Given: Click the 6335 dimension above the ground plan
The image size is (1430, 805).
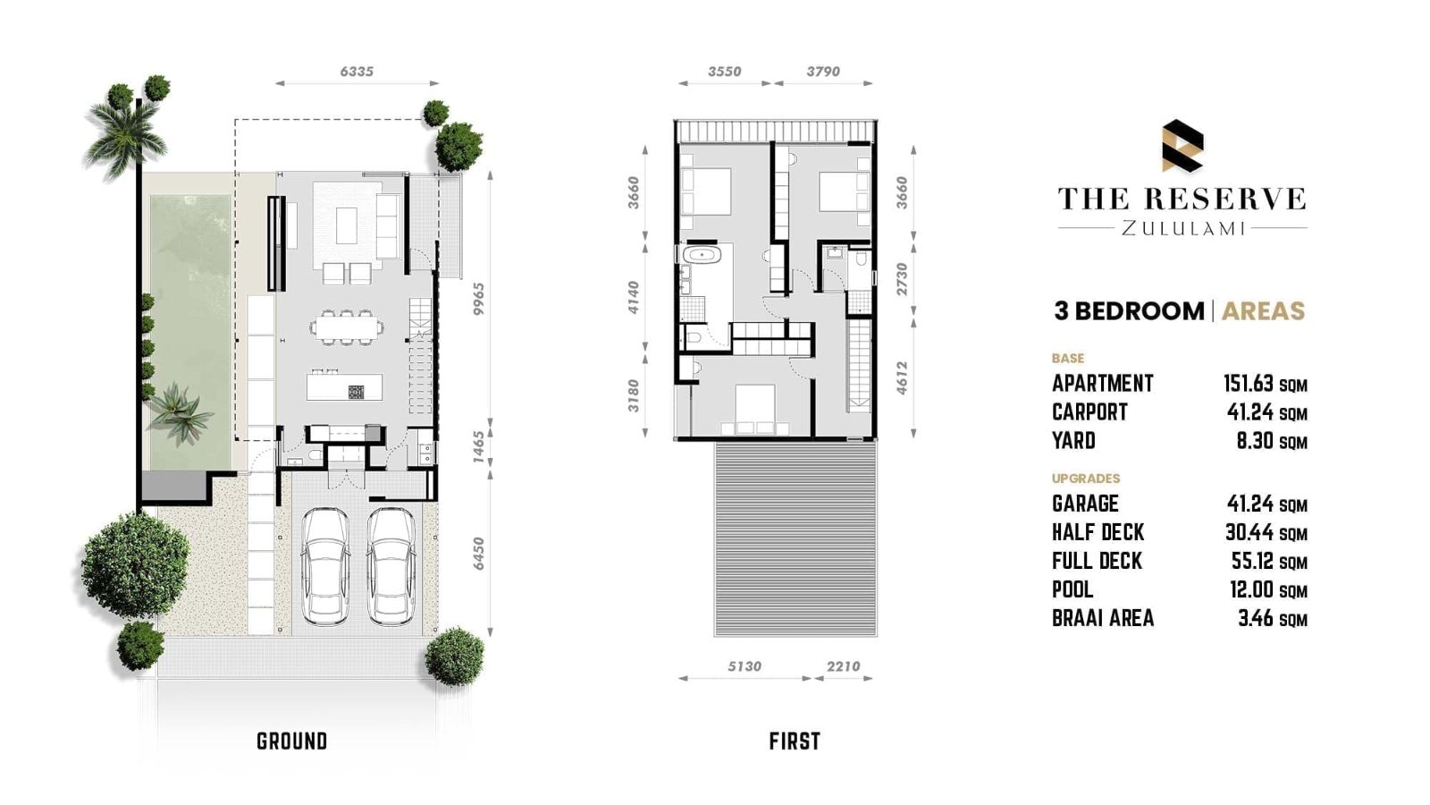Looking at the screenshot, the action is pyautogui.click(x=357, y=72).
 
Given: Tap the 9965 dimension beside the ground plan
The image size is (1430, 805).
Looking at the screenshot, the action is pyautogui.click(x=479, y=299).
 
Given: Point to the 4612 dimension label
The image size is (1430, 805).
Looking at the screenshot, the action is pyautogui.click(x=902, y=377).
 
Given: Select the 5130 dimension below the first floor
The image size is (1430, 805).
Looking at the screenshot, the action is pyautogui.click(x=744, y=666).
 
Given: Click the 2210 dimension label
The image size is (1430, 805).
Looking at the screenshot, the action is pyautogui.click(x=844, y=666).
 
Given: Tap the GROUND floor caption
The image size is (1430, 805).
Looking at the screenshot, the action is pyautogui.click(x=291, y=741).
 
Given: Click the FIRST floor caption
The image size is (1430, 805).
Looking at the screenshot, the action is pyautogui.click(x=795, y=741).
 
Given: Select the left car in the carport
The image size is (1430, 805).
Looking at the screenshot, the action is pyautogui.click(x=325, y=566).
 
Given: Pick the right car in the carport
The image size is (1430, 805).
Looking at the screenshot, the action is pyautogui.click(x=391, y=566).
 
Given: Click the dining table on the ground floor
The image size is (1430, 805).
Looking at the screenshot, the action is pyautogui.click(x=348, y=327).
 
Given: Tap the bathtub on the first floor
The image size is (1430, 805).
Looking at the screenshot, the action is pyautogui.click(x=702, y=255).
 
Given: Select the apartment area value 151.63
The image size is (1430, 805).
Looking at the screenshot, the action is pyautogui.click(x=1249, y=384).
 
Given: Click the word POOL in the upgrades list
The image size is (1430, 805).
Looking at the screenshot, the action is pyautogui.click(x=1072, y=589).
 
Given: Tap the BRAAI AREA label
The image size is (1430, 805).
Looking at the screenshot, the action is pyautogui.click(x=1103, y=618).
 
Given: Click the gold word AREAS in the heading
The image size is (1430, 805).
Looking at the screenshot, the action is pyautogui.click(x=1264, y=311).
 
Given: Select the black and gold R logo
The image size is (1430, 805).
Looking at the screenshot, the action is pyautogui.click(x=1182, y=146).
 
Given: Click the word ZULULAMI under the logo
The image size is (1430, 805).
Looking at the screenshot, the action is pyautogui.click(x=1183, y=228).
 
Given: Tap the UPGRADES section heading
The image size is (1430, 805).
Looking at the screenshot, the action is pyautogui.click(x=1086, y=478).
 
